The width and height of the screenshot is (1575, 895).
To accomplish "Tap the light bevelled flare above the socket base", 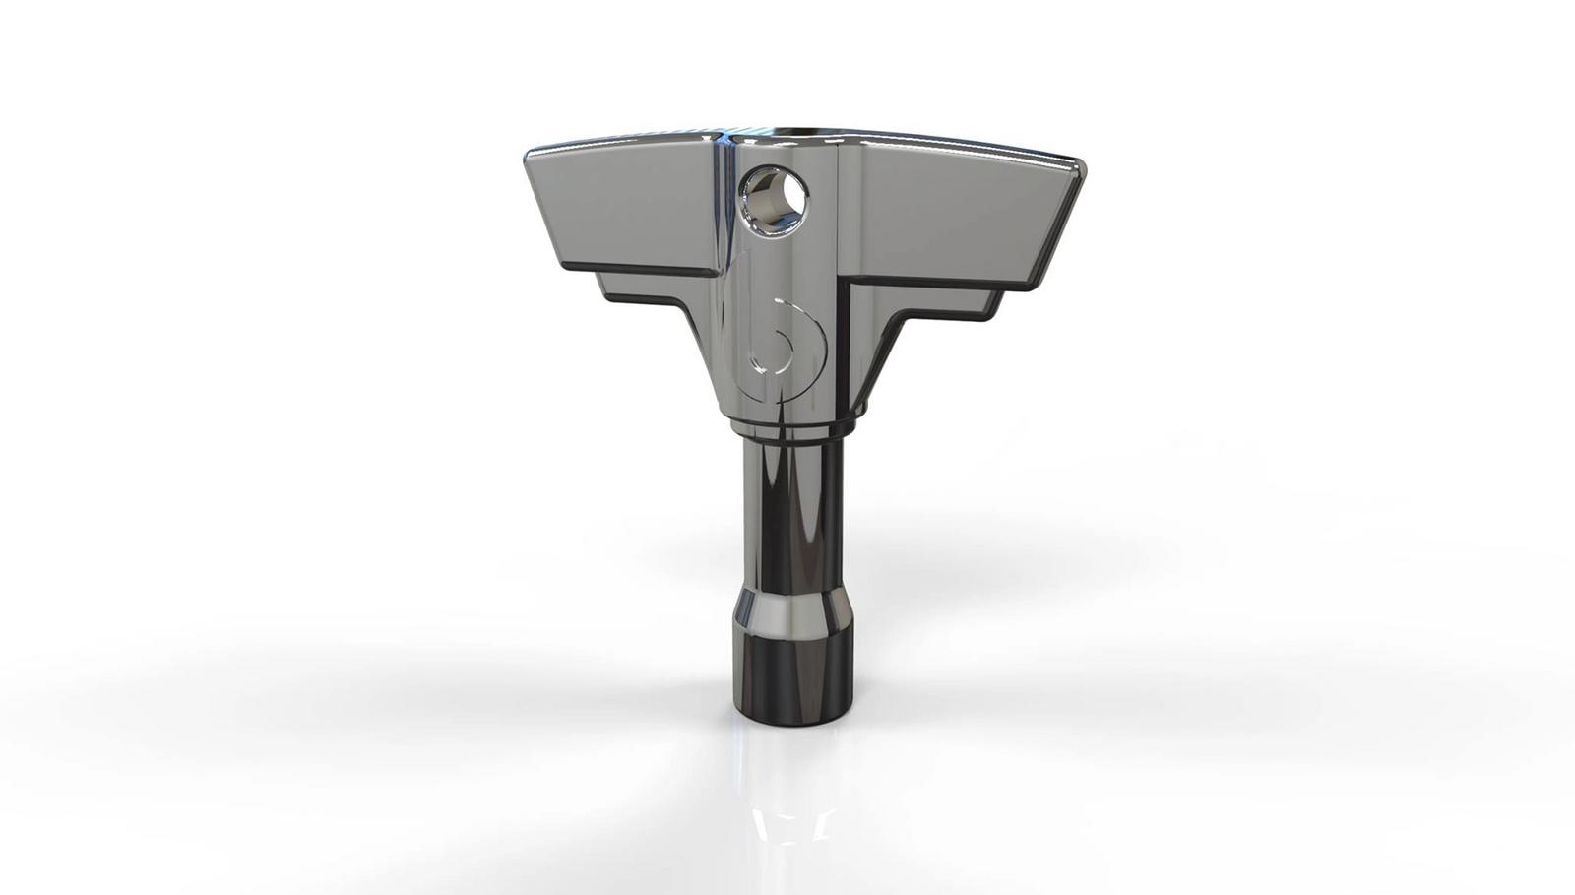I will click(x=785, y=614).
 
